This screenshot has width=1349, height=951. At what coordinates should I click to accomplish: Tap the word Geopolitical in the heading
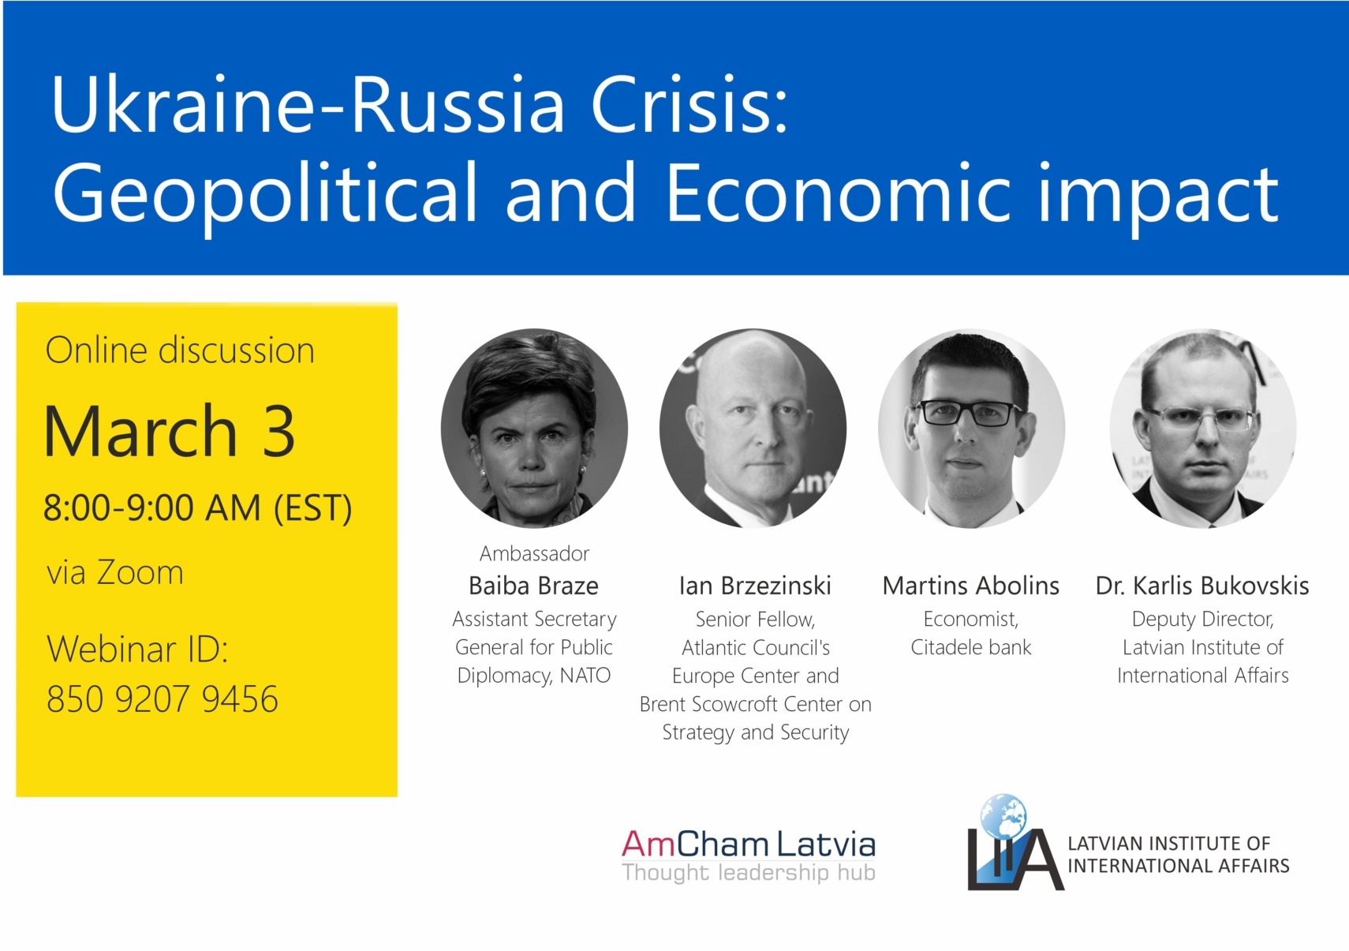point(265,196)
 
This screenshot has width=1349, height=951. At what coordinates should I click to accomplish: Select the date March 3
point(170,431)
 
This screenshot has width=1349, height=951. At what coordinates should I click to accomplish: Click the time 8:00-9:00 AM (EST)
point(198,507)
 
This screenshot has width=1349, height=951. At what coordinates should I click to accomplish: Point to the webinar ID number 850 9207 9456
point(163,698)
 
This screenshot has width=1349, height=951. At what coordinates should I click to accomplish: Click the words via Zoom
point(115,572)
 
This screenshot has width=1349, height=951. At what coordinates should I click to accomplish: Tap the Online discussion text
point(180,350)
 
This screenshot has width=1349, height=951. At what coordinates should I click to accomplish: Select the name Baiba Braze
point(533,585)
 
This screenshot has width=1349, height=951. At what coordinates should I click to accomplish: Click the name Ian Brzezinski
point(755,585)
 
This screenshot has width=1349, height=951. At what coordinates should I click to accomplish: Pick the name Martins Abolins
point(971,585)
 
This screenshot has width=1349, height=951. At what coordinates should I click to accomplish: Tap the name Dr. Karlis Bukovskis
point(1202,585)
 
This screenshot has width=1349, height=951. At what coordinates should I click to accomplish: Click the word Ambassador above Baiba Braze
point(534,553)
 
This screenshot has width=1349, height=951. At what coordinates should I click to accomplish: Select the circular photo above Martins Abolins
point(971,429)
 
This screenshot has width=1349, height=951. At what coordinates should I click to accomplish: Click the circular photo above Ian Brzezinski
point(753,429)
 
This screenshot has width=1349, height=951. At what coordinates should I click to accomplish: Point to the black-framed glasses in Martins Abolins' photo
point(969,414)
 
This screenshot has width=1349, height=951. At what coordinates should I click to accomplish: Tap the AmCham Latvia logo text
point(749,844)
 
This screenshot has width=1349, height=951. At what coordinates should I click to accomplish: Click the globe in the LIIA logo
point(1003,815)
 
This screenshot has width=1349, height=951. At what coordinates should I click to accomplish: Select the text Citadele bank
point(971,647)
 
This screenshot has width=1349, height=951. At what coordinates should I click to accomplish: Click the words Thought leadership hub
point(749,872)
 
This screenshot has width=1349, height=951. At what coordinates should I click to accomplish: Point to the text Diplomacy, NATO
point(533,676)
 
